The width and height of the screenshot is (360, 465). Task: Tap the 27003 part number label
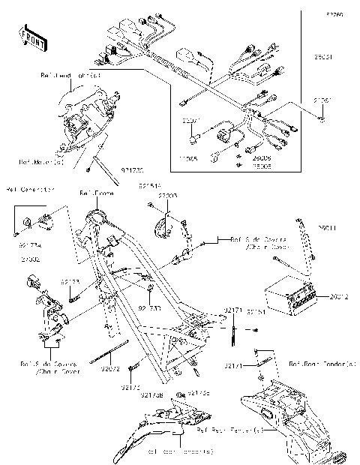click(166, 195)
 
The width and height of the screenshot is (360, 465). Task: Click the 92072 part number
click(109, 368)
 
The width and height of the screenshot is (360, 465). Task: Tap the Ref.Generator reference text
click(30, 189)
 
